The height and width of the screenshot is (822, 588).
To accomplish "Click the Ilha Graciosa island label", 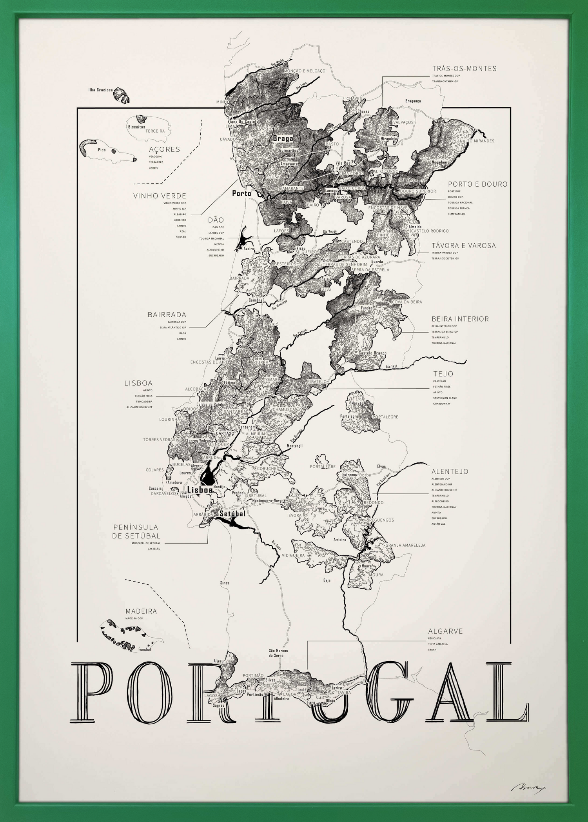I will point(100,90).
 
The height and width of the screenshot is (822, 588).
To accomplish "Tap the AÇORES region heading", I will point(164,149).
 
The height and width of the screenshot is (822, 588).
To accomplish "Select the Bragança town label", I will point(413,101).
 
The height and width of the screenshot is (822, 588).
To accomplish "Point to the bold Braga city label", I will point(283,138).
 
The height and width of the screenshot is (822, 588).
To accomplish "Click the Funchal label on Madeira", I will point(145,649).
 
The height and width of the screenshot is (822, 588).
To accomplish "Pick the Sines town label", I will point(224,583).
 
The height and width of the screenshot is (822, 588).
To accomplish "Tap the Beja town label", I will point(327,580).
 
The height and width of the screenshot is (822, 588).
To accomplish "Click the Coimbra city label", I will point(255,300).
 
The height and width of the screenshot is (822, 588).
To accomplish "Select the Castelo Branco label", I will point(372,353).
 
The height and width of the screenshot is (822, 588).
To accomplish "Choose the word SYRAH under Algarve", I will point(432,649).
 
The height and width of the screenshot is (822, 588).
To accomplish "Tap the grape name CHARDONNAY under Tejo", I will point(442,404).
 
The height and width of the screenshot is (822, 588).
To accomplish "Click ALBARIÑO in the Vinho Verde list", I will point(180,215).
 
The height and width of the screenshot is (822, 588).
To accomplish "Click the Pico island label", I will point(102,150).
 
